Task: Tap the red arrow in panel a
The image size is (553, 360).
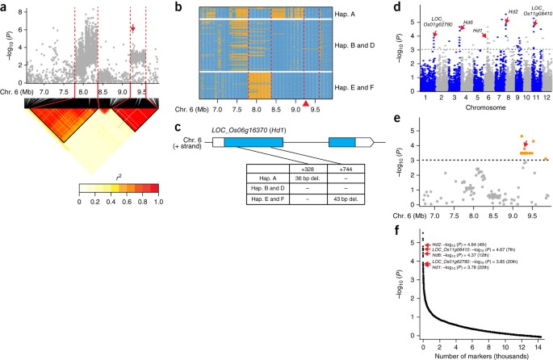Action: pyautogui.click(x=133, y=29)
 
